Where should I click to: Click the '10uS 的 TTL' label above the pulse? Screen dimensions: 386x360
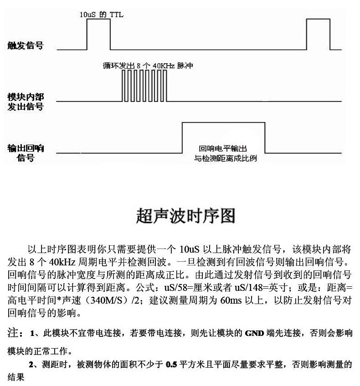click(x=102, y=15)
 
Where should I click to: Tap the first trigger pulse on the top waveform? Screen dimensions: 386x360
click(x=98, y=35)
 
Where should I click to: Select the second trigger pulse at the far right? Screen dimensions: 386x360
click(x=318, y=35)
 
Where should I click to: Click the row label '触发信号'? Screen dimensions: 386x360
click(x=26, y=46)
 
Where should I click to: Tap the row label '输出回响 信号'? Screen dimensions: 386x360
click(x=26, y=153)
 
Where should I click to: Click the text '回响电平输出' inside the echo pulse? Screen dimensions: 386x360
click(x=223, y=149)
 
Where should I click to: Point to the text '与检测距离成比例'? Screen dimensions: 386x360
click(x=223, y=159)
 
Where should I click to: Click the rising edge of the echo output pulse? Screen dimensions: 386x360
click(x=182, y=137)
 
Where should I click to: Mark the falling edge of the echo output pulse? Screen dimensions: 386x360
click(x=265, y=137)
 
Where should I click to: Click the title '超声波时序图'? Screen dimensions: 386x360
click(x=185, y=215)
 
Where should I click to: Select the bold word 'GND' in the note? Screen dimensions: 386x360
click(x=253, y=334)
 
